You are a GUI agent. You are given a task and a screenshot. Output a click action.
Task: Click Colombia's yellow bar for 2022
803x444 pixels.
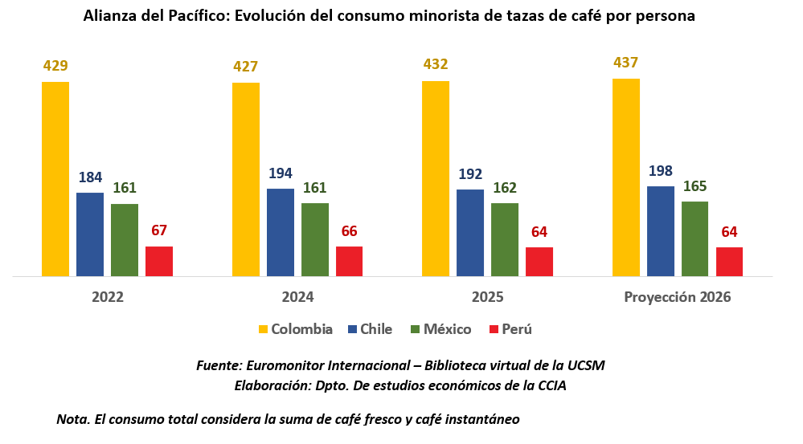tap(55, 179)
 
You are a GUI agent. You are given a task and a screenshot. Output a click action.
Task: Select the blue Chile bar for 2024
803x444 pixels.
tap(280, 233)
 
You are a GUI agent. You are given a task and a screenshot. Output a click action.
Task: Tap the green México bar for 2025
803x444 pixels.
tap(505, 240)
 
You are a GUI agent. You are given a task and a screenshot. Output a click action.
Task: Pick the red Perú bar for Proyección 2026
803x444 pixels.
tap(729, 262)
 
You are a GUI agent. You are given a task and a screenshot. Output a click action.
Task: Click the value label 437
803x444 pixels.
tap(625, 63)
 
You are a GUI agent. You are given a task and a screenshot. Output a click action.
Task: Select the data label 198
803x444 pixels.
tap(661, 171)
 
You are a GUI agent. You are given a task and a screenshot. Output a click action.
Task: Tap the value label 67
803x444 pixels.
tap(159, 231)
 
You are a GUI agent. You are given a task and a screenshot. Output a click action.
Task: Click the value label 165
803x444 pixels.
tap(694, 186)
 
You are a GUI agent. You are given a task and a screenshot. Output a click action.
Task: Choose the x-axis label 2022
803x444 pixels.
tap(108, 297)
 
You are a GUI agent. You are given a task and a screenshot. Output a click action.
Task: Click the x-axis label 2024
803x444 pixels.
tap(297, 297)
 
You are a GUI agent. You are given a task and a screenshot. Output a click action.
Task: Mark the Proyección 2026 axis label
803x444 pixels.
tap(678, 297)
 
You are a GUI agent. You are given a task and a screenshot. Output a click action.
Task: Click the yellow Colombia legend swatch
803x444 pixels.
tap(263, 329)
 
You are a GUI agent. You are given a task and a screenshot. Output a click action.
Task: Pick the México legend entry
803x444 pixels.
tap(444, 329)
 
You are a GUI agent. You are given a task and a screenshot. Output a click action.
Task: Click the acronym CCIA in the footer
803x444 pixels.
tap(551, 385)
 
